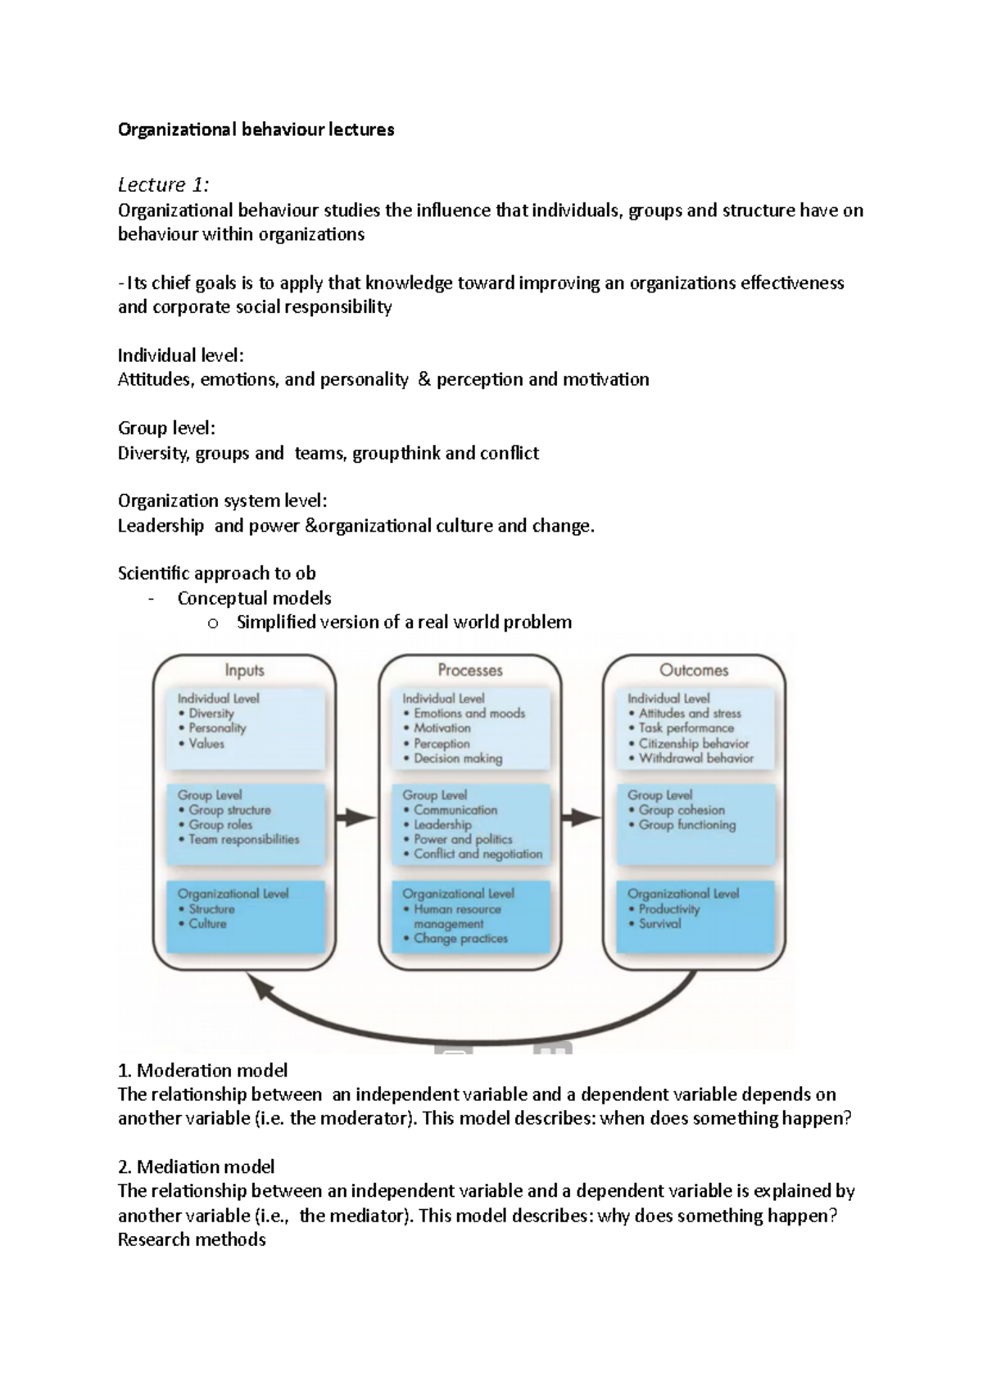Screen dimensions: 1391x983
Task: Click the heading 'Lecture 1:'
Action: [x=163, y=184]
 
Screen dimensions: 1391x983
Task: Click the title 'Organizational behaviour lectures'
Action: [x=256, y=129]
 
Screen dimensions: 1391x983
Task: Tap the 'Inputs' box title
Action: [x=244, y=670]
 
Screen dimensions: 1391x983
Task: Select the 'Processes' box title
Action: [x=469, y=670]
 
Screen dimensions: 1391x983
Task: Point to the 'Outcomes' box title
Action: [x=694, y=670]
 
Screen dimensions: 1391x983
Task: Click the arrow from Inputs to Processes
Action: [x=356, y=817]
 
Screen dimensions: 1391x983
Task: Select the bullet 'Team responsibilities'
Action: [x=243, y=840]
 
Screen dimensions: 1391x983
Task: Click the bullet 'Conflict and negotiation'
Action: [x=478, y=854]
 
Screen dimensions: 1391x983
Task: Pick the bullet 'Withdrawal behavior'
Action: [x=695, y=759]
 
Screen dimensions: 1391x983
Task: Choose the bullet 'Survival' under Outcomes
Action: [x=659, y=923]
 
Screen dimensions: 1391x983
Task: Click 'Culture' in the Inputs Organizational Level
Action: [x=207, y=923]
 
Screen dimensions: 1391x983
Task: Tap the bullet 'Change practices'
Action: [x=460, y=939]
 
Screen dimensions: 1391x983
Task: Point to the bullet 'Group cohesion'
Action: [x=682, y=809]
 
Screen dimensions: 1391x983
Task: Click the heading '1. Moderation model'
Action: [x=202, y=1070]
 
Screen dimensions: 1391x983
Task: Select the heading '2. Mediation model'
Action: [x=196, y=1167]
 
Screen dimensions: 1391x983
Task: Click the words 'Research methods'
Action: [x=192, y=1239]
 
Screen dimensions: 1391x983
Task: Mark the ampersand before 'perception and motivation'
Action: [x=424, y=379]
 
